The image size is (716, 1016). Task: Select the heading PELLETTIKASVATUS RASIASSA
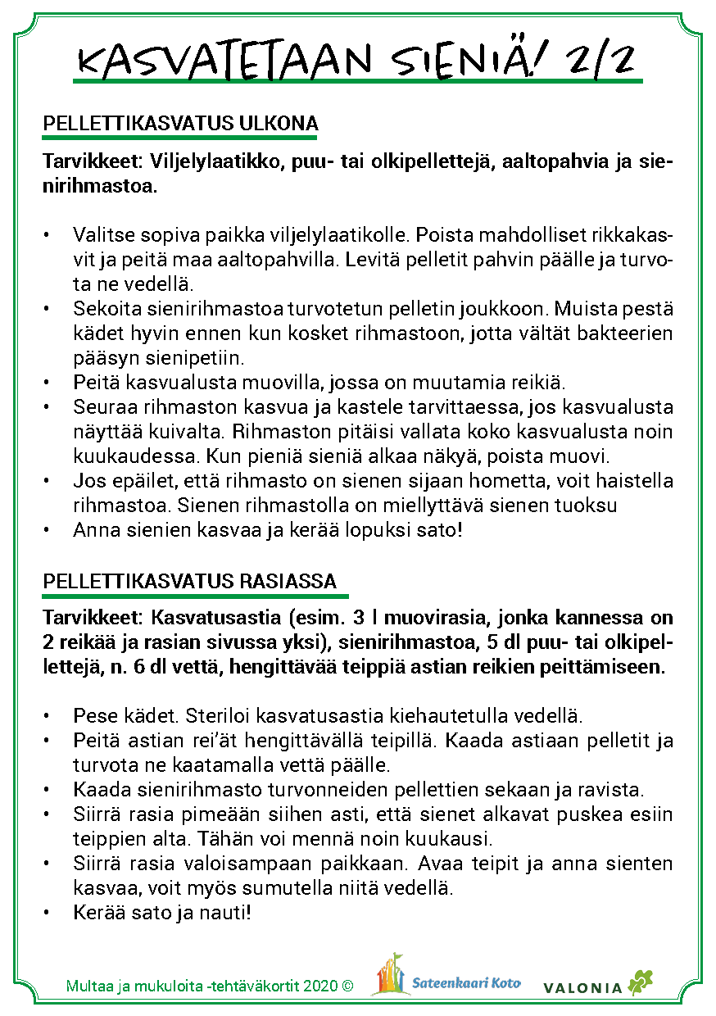190,581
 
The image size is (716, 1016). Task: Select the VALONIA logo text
582,988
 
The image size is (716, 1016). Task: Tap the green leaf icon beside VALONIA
640,982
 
